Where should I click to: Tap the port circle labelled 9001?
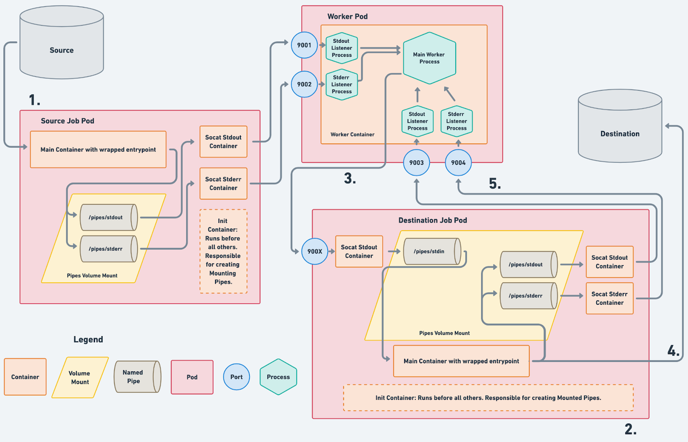[304, 45]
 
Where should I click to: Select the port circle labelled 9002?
[304, 84]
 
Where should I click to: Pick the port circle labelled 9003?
[417, 163]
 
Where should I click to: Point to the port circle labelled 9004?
[458, 163]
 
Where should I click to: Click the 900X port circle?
[315, 251]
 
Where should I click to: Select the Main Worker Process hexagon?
[429, 58]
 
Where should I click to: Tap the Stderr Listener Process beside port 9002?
[342, 85]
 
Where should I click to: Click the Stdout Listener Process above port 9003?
[417, 121]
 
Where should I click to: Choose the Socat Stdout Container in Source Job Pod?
[223, 142]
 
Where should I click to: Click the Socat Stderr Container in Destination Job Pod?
[609, 298]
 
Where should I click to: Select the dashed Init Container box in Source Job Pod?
[223, 252]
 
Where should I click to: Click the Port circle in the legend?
[236, 377]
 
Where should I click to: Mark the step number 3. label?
[350, 178]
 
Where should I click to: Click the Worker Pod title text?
[347, 16]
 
